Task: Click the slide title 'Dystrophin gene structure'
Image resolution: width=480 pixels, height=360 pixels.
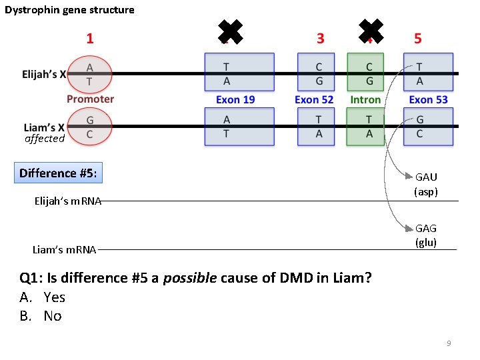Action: coord(69,10)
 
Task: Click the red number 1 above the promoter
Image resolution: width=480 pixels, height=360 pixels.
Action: coord(90,38)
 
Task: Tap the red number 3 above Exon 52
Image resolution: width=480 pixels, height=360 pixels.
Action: coord(321,38)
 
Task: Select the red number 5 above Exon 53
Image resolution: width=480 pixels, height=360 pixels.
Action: coord(418,38)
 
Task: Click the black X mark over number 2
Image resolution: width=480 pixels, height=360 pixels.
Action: coord(230,31)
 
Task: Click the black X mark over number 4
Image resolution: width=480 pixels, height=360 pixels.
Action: coord(371,31)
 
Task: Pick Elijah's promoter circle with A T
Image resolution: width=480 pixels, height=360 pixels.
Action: coord(90,73)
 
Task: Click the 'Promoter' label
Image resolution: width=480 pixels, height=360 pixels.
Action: coord(90,99)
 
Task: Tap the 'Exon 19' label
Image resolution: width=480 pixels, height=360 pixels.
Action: coord(235,99)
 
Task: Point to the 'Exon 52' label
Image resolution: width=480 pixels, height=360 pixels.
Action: coord(314,99)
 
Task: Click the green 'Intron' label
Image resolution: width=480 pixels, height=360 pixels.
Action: coord(365,99)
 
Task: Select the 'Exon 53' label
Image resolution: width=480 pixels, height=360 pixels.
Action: coord(428,99)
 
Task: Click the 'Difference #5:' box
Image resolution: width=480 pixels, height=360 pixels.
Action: coord(58,173)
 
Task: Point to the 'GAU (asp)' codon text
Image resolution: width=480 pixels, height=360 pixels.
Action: coord(426,184)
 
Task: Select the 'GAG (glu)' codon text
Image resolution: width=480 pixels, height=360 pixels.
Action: coord(426,235)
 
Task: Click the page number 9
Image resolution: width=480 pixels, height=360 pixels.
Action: coord(449,343)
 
